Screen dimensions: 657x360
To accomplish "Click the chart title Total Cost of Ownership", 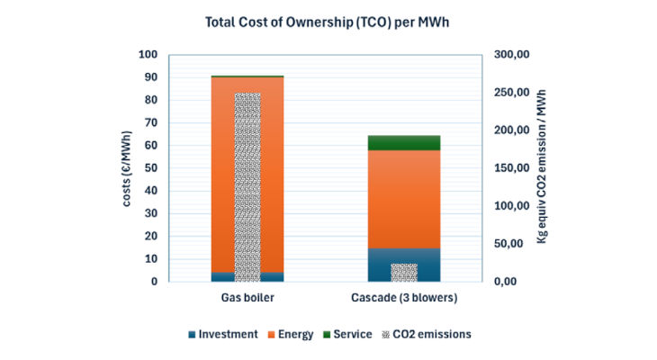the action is point(327,22).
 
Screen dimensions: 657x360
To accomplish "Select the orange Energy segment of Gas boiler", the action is point(222,175).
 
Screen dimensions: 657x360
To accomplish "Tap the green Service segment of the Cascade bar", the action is point(404,143).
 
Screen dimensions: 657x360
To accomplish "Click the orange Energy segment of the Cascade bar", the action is point(404,200).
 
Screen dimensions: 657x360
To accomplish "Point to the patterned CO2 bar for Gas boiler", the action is point(247,187).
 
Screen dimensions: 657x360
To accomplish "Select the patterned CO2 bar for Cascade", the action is point(404,273).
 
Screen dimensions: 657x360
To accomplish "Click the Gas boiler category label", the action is point(247,298).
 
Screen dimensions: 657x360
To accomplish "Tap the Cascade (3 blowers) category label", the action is point(404,298).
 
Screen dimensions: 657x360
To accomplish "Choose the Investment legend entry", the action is point(223,335).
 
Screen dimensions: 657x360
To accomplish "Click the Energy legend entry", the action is point(291,335).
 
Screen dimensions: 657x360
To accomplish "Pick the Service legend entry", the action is point(347,335).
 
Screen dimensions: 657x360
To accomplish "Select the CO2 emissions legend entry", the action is point(427,335).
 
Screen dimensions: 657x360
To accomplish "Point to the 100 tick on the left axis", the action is point(148,55).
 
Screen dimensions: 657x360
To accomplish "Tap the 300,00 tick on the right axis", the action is point(511,55).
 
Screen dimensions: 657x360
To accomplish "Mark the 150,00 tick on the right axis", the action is point(511,168).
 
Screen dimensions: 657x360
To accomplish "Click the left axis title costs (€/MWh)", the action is point(127,168).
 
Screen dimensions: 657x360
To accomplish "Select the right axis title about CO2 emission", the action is point(542,166).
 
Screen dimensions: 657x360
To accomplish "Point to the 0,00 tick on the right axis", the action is point(506,282).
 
